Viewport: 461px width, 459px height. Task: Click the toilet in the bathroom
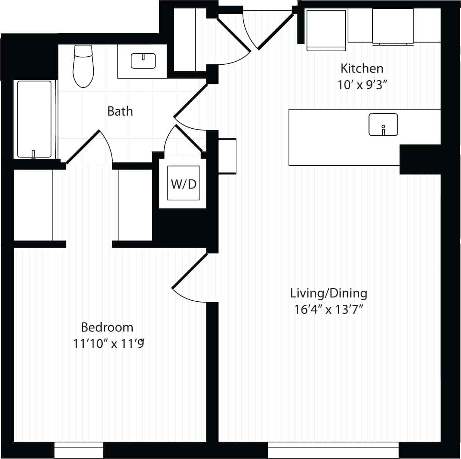coord(83,66)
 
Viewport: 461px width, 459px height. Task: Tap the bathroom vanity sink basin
coord(143,61)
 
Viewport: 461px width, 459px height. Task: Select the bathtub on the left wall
coord(34,119)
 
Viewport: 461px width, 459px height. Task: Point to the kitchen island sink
coord(383,124)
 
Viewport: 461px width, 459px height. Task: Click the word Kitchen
coord(361,69)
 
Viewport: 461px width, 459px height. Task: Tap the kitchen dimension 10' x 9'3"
coord(362,85)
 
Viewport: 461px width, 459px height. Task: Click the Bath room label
coord(120,111)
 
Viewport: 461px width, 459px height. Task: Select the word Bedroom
coord(107,327)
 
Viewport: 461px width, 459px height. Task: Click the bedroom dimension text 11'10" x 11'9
coord(109,343)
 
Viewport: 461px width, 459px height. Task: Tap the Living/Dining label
coord(329,293)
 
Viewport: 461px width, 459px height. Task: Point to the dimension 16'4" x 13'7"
coord(329,309)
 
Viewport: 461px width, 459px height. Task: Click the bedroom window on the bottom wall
coord(79,450)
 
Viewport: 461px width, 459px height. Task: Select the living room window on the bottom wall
coord(333,450)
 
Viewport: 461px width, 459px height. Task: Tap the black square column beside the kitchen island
coord(420,159)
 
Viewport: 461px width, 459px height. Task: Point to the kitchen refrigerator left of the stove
coord(326,30)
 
